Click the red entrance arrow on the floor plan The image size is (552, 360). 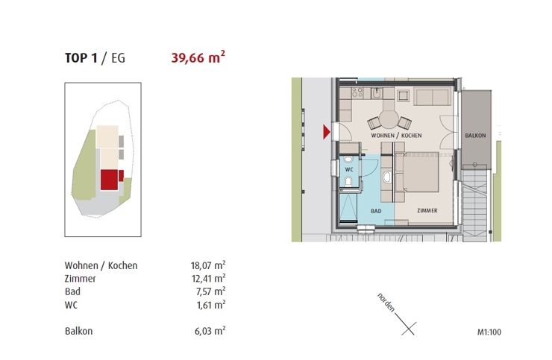click(x=326, y=133)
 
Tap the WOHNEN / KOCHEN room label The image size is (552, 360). click(x=396, y=136)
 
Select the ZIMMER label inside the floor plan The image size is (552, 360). click(x=427, y=211)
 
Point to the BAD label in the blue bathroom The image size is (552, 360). click(x=377, y=212)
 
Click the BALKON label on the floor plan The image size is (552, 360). click(x=475, y=136)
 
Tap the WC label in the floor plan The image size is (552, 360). click(x=349, y=169)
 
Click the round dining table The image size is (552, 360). click(x=389, y=120)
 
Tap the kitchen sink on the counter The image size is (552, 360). click(x=378, y=94)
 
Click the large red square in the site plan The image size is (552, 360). click(x=109, y=180)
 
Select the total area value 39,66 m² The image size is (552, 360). click(x=198, y=57)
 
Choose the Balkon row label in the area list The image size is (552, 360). click(x=79, y=331)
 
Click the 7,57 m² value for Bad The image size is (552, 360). click(x=210, y=291)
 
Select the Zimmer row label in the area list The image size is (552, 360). click(x=81, y=279)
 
